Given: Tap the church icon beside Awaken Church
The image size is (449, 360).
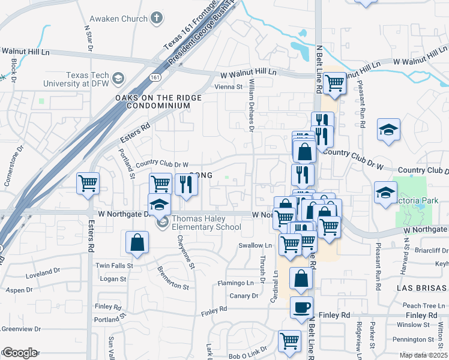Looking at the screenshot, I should (x=157, y=18).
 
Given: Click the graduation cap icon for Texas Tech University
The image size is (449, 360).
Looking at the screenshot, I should (x=118, y=78).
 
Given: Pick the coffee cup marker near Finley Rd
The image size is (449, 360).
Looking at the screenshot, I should (x=301, y=307).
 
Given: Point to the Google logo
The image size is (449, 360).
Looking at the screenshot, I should (x=19, y=353).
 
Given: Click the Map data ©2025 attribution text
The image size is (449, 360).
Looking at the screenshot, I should (x=423, y=355).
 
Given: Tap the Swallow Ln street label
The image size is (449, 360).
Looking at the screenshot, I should (x=255, y=245).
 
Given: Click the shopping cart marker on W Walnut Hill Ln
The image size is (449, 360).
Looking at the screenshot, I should (x=334, y=82).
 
